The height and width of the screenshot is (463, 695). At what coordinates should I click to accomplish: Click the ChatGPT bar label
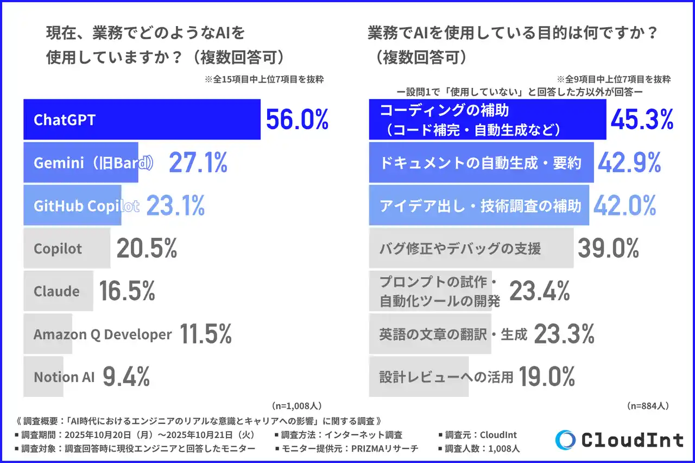[x=64, y=119]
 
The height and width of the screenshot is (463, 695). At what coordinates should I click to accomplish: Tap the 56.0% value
[x=297, y=119]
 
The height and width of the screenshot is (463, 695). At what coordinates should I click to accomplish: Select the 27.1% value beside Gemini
[x=198, y=162]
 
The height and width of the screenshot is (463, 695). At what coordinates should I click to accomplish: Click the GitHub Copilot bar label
[x=86, y=206]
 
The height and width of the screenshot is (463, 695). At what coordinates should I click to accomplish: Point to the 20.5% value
[x=147, y=249]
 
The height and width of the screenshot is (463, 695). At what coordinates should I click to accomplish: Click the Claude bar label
[x=56, y=291]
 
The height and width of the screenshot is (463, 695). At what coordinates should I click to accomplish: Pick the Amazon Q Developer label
[x=103, y=334]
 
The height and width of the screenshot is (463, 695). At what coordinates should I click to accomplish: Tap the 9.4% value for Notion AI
[x=126, y=377]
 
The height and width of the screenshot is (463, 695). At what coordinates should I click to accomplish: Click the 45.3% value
[x=642, y=119]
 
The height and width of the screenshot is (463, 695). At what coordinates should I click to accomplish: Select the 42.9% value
[x=629, y=162]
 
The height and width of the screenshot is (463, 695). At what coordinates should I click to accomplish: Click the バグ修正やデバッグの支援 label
[x=460, y=249]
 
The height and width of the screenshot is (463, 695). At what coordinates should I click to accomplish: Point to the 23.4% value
[x=539, y=292]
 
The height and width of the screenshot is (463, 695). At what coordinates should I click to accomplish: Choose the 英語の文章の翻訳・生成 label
[x=453, y=334]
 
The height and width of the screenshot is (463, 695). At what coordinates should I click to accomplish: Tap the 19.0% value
[x=547, y=377]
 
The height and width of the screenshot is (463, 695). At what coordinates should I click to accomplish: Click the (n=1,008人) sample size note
[x=296, y=405]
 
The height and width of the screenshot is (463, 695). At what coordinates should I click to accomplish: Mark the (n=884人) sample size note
[x=647, y=405]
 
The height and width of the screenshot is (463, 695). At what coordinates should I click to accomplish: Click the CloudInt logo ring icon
[x=565, y=440]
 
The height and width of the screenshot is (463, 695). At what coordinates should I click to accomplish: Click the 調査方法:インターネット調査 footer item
[x=342, y=435]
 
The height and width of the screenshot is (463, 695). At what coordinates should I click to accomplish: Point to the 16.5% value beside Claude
[x=127, y=291]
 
